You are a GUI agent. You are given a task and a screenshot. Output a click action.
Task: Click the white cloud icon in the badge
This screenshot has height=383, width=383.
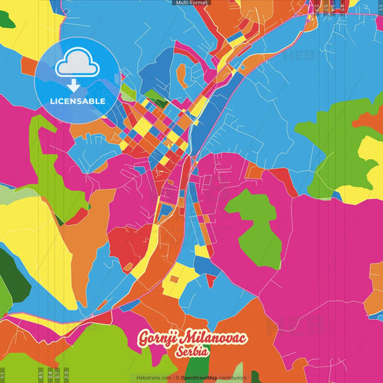pyautogui.click(x=77, y=65)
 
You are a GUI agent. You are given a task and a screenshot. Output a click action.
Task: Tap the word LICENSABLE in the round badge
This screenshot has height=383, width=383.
pyautogui.click(x=77, y=101)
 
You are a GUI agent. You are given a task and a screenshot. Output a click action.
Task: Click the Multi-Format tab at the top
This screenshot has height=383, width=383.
pyautogui.click(x=191, y=3)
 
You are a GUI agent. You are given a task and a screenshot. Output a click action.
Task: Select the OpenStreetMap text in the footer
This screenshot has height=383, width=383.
pyautogui.click(x=199, y=377)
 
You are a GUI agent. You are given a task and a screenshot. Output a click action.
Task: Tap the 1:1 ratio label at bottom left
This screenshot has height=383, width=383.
pyautogui.click(x=3, y=375)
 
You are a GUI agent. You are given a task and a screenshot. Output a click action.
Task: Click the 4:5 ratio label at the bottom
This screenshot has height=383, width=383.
pyautogui.click(x=40, y=375)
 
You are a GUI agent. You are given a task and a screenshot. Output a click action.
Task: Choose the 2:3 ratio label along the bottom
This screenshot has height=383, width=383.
pyautogui.click(x=67, y=375)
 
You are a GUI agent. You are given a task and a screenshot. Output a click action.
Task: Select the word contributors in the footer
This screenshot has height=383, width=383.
pyautogui.click(x=232, y=377)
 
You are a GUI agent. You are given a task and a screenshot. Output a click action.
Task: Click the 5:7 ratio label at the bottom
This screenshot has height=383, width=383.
pyautogui.click(x=57, y=375)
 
